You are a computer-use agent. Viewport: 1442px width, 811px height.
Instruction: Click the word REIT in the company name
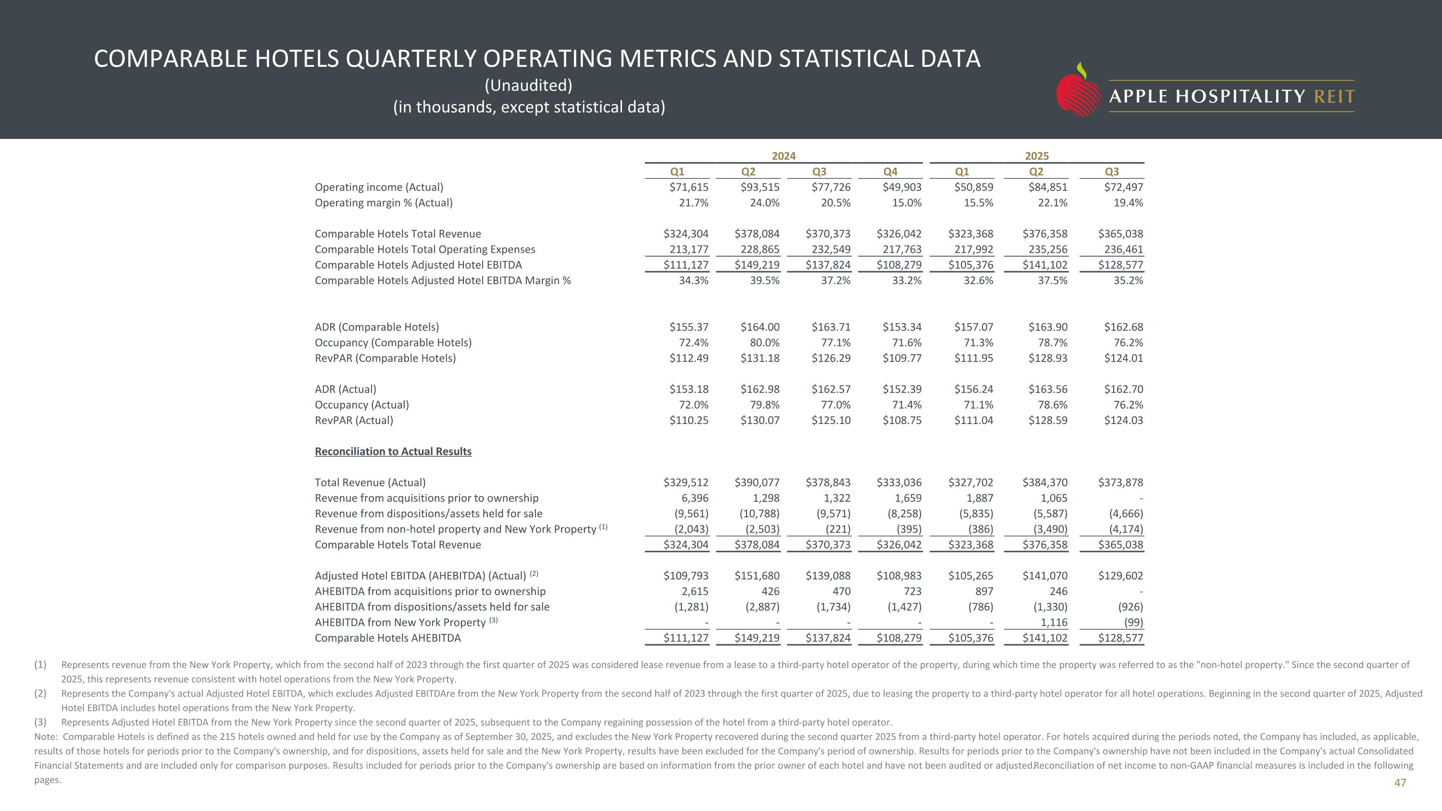coord(1334,97)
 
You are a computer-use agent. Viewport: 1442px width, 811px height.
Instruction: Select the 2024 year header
coord(783,156)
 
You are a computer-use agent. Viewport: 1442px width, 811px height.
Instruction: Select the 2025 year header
coord(1037,156)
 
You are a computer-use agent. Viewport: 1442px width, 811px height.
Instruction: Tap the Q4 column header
coord(890,172)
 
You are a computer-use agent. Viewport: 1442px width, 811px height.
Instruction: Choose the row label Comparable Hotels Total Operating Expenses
coord(425,250)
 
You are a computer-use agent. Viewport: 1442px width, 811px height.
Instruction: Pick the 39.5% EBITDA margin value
coord(764,281)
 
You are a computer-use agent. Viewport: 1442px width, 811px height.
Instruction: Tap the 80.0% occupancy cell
coord(764,343)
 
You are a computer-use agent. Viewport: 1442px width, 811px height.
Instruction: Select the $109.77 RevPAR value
coord(902,359)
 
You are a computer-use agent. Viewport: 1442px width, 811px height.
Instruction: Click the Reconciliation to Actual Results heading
coord(393,452)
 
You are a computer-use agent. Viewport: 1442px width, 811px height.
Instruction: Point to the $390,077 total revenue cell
coord(757,483)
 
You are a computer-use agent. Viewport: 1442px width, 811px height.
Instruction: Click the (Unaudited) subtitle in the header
coord(528,86)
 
